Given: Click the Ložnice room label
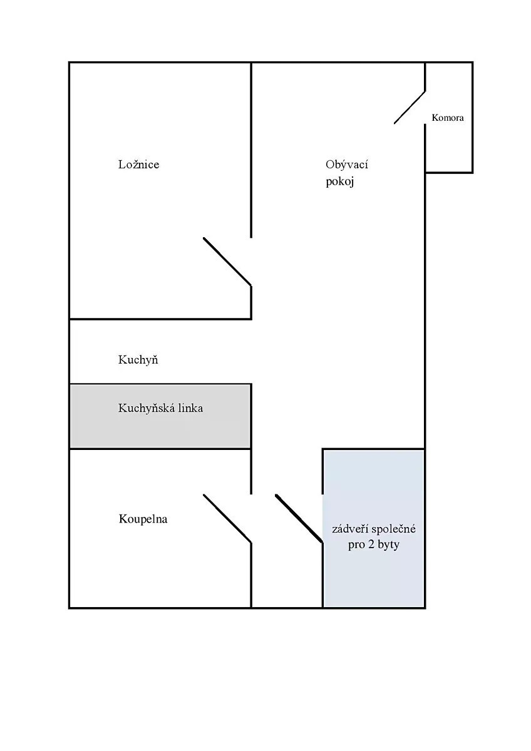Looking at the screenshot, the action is (x=138, y=165).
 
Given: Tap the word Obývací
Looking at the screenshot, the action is (x=346, y=165).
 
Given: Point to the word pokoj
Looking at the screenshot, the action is (x=340, y=182).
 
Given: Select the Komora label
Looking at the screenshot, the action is (x=448, y=118).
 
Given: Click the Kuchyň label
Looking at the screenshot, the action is (x=138, y=360).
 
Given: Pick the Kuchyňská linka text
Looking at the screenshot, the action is (x=160, y=408).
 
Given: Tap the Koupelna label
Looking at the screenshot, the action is (x=143, y=519).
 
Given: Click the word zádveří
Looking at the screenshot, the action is (x=351, y=529).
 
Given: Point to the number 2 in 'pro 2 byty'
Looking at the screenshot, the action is (x=371, y=544).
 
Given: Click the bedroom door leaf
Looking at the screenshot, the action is (x=227, y=262).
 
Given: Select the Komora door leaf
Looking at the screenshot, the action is (x=410, y=107).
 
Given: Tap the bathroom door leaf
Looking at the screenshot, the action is (x=227, y=518).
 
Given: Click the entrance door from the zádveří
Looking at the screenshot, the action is (x=299, y=518).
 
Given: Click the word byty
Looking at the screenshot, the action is (x=388, y=545).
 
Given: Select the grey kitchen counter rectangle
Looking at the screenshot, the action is (x=160, y=416).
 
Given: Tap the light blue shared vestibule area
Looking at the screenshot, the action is (x=374, y=529).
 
